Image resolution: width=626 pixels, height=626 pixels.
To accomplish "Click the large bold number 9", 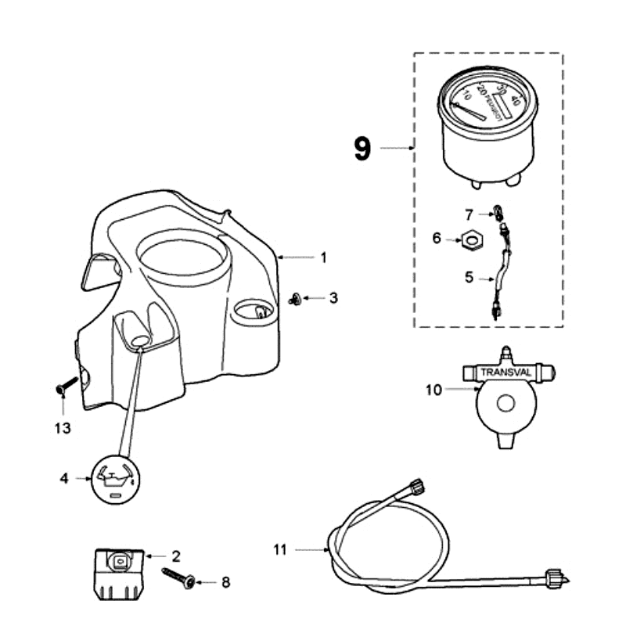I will tap(362, 148).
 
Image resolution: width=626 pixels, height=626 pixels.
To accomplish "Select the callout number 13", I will tap(63, 428).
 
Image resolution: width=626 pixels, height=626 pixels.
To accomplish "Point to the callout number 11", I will tap(280, 550).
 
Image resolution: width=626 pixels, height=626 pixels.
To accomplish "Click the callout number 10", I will tap(434, 389).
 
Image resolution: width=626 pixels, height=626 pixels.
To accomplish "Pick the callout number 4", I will tap(65, 477).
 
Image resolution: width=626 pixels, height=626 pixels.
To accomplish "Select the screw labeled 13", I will tap(65, 385).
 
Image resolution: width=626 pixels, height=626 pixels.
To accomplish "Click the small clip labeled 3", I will tap(295, 299).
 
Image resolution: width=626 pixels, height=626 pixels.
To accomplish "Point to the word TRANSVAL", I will tap(505, 372).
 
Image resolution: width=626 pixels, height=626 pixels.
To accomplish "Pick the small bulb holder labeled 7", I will tap(496, 212).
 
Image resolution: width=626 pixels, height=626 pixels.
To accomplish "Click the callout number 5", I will tap(469, 277).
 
